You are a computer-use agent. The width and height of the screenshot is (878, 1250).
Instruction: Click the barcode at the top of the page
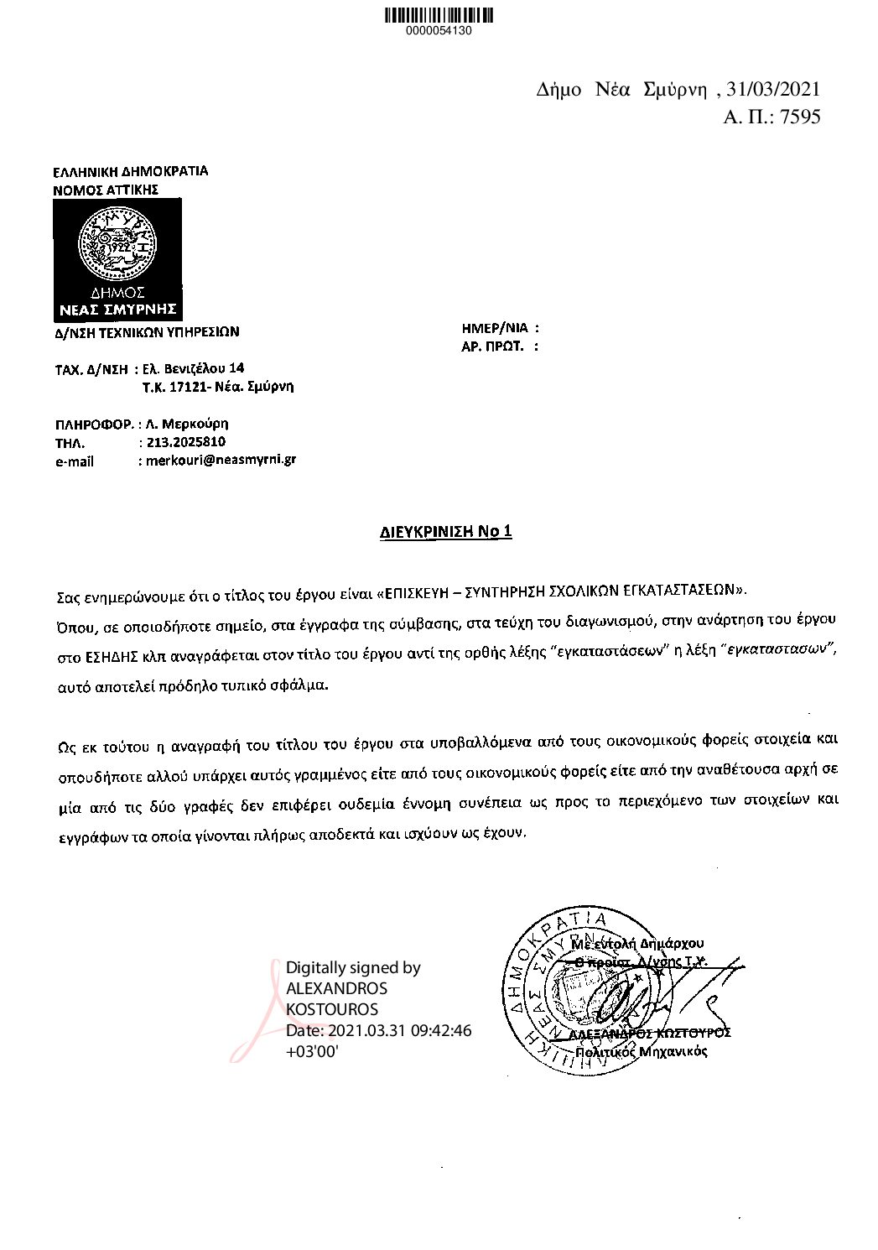[439, 14]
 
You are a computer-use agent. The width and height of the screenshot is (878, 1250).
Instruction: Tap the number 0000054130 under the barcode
[439, 31]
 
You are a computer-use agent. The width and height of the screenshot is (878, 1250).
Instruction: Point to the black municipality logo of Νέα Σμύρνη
[117, 260]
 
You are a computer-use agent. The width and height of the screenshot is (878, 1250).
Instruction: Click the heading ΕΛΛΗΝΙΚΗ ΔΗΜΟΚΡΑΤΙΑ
[130, 171]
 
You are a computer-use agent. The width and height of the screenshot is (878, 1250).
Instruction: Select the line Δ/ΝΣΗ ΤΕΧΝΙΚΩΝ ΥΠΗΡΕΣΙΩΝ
[147, 331]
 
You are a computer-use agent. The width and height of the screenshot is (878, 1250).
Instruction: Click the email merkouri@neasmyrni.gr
[221, 460]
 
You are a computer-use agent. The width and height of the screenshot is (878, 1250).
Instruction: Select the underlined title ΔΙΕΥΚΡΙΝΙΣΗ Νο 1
[442, 531]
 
